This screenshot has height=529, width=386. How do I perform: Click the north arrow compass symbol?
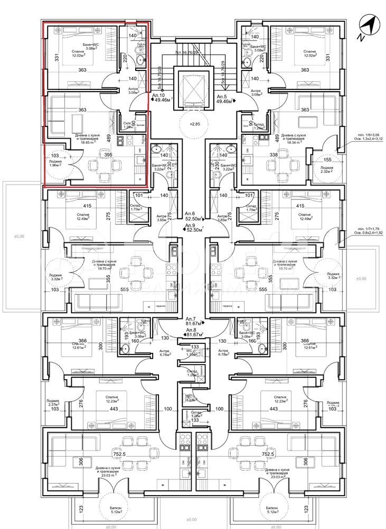368,27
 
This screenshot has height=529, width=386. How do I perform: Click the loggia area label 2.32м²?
326,171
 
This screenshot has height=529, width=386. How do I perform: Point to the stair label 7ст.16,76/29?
191,54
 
